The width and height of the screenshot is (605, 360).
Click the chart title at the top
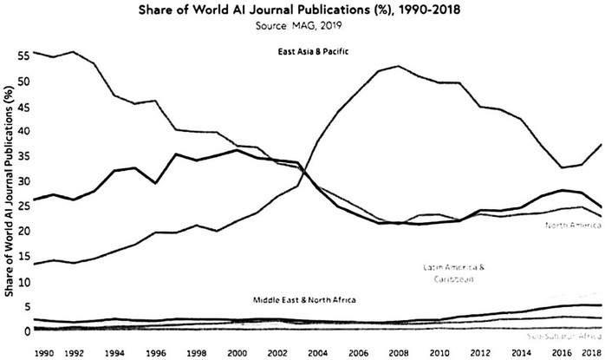point(302,11)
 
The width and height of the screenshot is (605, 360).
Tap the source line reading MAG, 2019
point(302,27)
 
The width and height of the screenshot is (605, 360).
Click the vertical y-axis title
point(10,194)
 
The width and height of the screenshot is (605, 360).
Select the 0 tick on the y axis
point(27,331)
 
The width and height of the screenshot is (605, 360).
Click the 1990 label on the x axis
point(42,352)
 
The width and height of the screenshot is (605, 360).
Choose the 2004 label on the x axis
point(319,352)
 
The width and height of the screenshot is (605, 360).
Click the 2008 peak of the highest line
point(398,66)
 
